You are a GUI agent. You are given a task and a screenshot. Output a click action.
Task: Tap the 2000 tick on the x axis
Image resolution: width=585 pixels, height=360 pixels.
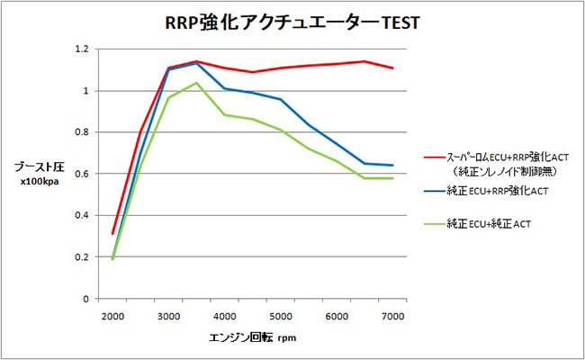click(x=112, y=317)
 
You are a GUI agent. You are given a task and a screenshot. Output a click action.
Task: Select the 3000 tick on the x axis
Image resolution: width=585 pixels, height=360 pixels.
click(x=168, y=317)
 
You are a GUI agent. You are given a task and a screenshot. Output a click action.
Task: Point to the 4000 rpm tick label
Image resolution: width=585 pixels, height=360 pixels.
click(x=224, y=317)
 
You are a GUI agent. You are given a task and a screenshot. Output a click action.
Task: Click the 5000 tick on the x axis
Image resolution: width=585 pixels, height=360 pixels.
click(x=280, y=317)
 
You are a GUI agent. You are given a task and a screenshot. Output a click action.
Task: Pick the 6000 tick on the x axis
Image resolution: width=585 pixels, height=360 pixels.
click(x=337, y=317)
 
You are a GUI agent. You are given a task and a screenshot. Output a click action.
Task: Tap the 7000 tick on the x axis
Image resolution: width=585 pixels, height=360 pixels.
click(x=392, y=317)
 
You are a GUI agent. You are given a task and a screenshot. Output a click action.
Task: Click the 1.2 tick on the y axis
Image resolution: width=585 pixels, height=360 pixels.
click(x=83, y=49)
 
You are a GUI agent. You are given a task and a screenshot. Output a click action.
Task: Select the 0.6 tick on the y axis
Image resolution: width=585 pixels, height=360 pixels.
click(x=83, y=174)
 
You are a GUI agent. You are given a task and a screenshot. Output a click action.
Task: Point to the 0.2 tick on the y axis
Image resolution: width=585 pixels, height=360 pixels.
click(x=83, y=257)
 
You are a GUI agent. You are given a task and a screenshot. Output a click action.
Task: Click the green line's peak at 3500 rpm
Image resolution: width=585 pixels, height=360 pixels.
click(x=196, y=84)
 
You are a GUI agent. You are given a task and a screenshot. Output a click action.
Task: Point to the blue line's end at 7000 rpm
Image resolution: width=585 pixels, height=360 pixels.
click(x=392, y=165)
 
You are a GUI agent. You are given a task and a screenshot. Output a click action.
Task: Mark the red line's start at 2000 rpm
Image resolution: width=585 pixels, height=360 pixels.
click(x=112, y=233)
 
